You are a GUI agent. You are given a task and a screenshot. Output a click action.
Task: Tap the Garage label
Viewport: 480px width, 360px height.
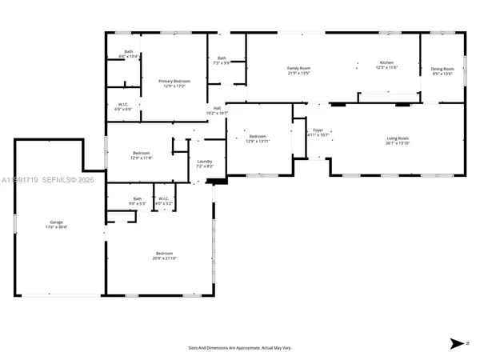(56, 224)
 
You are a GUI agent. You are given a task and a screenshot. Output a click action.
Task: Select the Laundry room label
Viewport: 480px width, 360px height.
(205, 163)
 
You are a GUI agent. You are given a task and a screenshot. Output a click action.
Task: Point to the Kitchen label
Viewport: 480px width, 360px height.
(387, 64)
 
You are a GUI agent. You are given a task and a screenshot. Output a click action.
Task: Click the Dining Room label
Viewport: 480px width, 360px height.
(442, 70)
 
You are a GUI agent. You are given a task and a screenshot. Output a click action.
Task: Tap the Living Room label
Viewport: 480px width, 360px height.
(398, 140)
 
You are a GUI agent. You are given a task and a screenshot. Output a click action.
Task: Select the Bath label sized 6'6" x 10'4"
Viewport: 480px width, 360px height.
(129, 54)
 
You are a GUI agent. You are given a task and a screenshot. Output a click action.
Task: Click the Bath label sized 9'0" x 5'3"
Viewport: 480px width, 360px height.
(138, 200)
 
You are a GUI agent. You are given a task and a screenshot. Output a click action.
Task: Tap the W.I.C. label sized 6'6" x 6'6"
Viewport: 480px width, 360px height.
(124, 107)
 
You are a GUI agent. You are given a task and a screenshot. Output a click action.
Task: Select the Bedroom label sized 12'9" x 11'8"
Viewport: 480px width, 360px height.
(141, 154)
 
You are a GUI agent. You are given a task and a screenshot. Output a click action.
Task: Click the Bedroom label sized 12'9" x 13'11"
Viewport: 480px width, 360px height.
(258, 138)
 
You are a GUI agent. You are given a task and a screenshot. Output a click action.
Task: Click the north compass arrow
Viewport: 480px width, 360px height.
(458, 344)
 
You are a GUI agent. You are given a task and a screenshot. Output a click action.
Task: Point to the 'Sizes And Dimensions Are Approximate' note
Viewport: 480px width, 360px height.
(240, 348)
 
